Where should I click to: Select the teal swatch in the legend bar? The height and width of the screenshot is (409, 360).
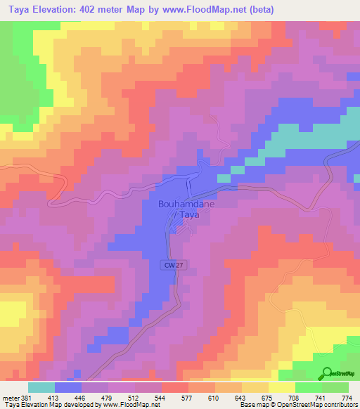(x=41, y=387)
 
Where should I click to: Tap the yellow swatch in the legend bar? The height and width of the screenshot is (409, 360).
(x=282, y=387)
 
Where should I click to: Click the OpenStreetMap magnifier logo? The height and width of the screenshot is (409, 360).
(x=327, y=373)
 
